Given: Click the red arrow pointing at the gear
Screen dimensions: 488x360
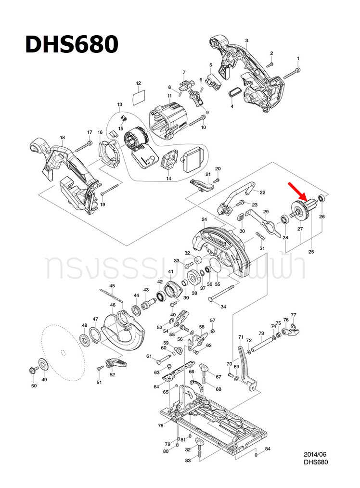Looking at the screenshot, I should (x=296, y=191).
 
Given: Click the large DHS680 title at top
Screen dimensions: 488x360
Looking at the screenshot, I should (x=71, y=45).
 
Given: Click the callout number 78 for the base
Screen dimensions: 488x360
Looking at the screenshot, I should (x=160, y=425).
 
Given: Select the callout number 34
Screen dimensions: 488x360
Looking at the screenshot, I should (x=223, y=307).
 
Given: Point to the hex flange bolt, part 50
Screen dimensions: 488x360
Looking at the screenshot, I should (x=33, y=370).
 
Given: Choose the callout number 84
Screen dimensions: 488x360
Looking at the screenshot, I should (x=268, y=449).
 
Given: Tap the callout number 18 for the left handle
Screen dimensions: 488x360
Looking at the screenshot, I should (x=62, y=138).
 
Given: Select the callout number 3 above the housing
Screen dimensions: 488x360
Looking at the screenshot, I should (x=246, y=40).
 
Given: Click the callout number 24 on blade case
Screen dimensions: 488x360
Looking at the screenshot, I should (x=204, y=219).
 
